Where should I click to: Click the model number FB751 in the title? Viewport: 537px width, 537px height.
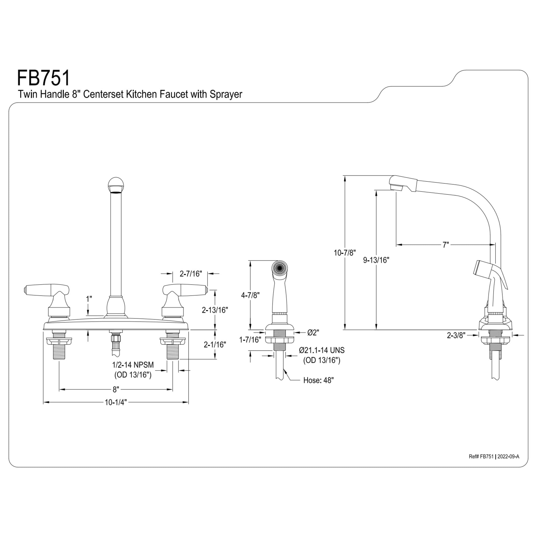44,78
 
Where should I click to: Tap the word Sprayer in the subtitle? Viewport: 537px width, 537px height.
226,95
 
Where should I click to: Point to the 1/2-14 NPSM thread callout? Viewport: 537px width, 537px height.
133,365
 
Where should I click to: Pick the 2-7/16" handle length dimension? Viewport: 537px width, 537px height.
190,274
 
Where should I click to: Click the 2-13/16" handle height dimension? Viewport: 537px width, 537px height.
215,310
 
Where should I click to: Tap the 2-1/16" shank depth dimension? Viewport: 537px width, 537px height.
215,345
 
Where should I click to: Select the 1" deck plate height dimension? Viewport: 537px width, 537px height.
89,299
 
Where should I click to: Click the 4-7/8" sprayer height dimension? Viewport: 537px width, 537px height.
250,295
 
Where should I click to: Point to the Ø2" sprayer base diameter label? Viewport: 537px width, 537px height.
313,332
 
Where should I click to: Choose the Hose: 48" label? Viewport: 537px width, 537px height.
318,380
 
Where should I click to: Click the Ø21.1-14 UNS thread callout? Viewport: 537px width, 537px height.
322,350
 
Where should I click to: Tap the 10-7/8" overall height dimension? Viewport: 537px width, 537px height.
345,253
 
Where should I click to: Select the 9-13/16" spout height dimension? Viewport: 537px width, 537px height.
376,260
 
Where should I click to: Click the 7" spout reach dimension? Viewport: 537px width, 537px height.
445,245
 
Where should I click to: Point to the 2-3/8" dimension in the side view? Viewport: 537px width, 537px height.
456,335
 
